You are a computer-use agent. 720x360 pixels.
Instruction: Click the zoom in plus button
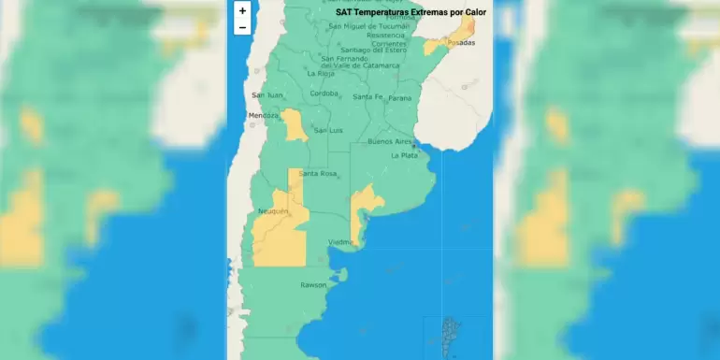(242, 11)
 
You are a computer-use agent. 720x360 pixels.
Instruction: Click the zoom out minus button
(242, 27)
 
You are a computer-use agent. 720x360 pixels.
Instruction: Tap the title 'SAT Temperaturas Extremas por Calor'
(410, 13)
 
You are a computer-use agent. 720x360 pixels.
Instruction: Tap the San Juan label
(266, 95)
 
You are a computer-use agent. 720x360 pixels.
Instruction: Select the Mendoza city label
(263, 116)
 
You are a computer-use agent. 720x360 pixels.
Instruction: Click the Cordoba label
(324, 94)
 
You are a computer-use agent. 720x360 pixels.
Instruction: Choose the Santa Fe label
(367, 97)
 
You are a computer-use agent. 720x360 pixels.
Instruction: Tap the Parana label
(399, 98)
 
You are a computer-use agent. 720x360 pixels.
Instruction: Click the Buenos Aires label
(391, 141)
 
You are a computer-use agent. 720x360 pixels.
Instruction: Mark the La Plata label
(404, 155)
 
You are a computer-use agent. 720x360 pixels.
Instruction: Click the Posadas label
(461, 43)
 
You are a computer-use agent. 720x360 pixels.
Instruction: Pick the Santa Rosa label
(318, 174)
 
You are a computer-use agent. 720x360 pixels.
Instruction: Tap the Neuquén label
(273, 212)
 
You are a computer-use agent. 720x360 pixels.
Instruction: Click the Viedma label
(340, 242)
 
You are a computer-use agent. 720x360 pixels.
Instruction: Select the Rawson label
(313, 284)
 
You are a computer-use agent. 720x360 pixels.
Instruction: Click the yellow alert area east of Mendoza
(295, 125)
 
